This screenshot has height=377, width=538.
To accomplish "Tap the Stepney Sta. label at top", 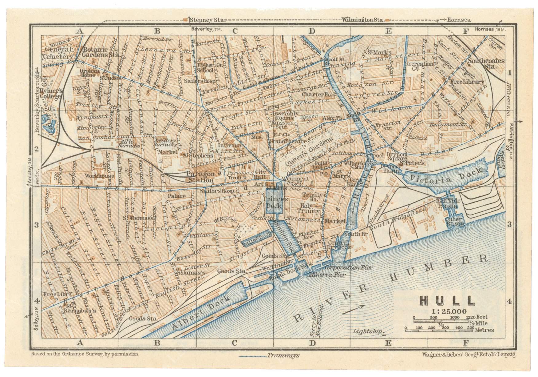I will [x=207, y=20].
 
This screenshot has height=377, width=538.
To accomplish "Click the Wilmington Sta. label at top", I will [x=363, y=20].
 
